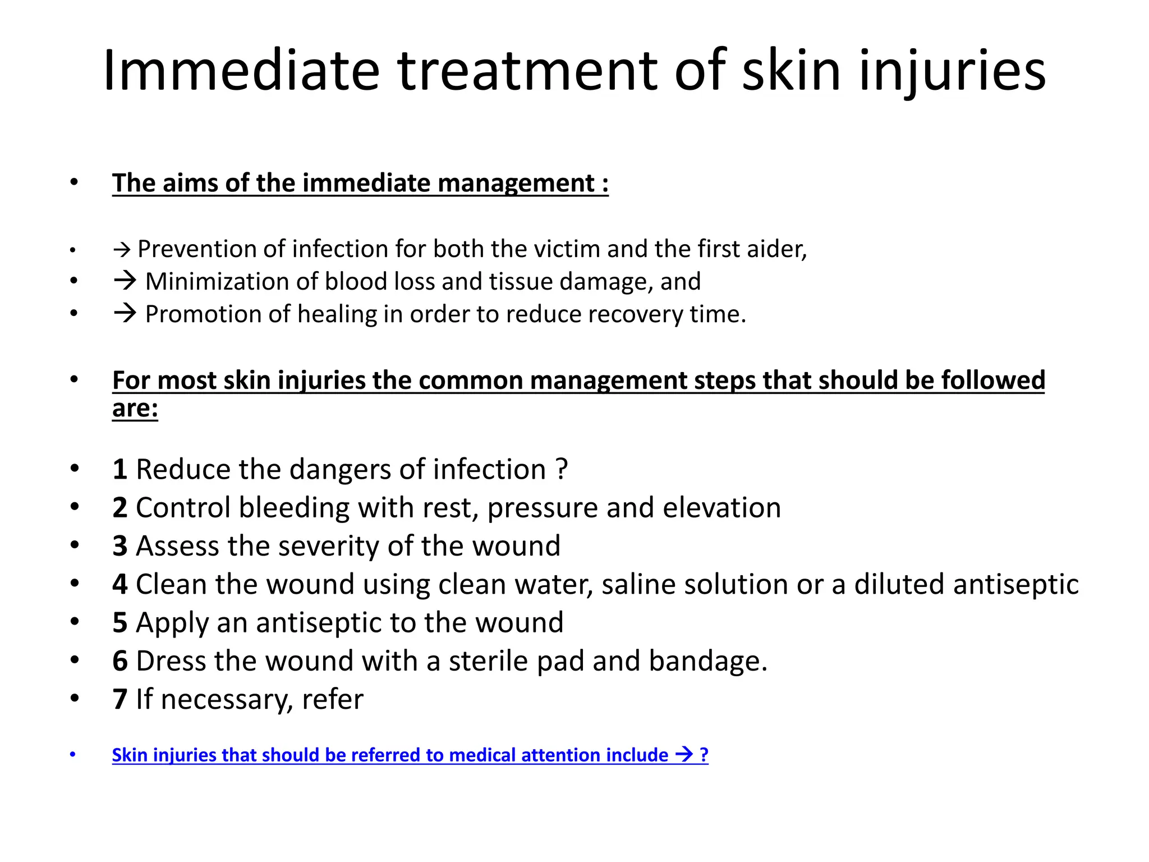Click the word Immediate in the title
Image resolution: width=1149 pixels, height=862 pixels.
242,71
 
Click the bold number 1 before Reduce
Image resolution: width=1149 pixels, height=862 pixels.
120,469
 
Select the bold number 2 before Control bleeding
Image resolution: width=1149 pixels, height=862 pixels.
120,508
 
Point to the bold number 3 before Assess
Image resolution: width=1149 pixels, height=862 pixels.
120,546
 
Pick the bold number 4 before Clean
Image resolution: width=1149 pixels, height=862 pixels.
120,584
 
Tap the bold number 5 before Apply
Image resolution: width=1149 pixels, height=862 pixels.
120,623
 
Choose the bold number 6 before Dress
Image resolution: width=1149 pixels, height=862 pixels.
120,661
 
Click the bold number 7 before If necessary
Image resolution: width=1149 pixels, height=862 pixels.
120,699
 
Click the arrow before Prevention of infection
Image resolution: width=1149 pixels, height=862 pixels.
122,249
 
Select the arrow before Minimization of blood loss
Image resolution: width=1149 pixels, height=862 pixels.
125,281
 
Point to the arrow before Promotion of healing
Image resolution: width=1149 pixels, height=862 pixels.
125,313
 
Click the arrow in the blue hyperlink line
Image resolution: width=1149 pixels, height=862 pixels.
684,754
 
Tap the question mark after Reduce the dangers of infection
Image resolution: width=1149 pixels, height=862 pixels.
562,469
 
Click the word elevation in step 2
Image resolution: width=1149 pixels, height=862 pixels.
721,508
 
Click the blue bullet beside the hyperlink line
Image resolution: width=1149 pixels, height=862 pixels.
72,754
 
